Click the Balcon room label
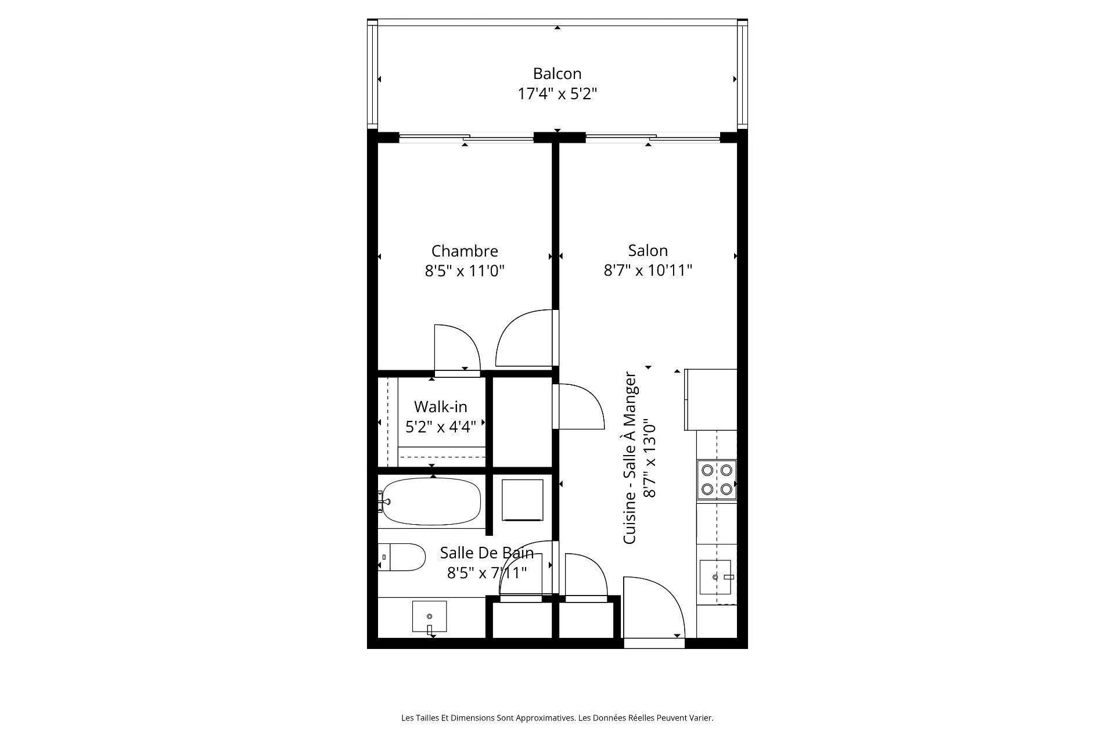tap(557, 74)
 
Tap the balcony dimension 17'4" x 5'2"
tap(557, 94)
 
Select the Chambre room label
tap(465, 251)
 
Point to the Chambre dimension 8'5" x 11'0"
tap(465, 271)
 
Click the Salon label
tap(648, 250)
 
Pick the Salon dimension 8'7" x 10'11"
tap(648, 270)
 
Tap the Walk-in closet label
tap(440, 406)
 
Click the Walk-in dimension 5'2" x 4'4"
tap(440, 427)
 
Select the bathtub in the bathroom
tap(432, 502)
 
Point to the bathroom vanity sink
tap(430, 616)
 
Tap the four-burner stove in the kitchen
tap(717, 479)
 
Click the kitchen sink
tap(715, 577)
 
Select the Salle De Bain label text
tap(486, 552)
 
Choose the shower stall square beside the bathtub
tap(522, 500)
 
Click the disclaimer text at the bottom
tap(557, 718)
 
